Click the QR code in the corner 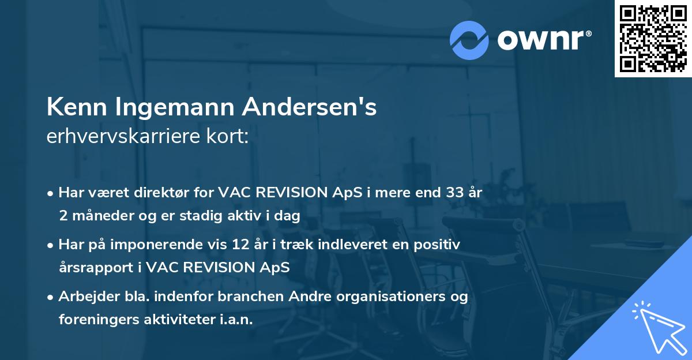click(653, 38)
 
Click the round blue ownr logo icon click(469, 40)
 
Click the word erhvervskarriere click(122, 136)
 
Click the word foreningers click(95, 320)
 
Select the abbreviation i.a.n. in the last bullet click(236, 320)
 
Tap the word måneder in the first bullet click(96, 216)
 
